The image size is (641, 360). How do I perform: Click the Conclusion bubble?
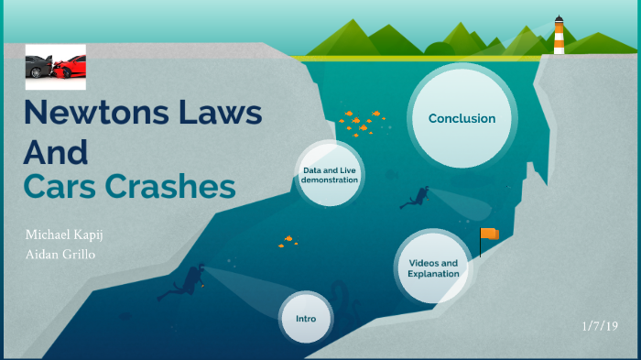click(462, 118)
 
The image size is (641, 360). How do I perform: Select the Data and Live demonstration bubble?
click(330, 174)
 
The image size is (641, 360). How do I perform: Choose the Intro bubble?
click(306, 318)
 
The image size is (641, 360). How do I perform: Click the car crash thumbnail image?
click(55, 65)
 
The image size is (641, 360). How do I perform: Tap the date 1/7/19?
click(601, 325)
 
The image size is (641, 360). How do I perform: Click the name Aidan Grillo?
click(61, 254)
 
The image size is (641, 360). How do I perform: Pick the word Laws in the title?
click(219, 114)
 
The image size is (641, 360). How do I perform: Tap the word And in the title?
click(55, 150)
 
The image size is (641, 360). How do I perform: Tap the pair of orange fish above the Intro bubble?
click(288, 241)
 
